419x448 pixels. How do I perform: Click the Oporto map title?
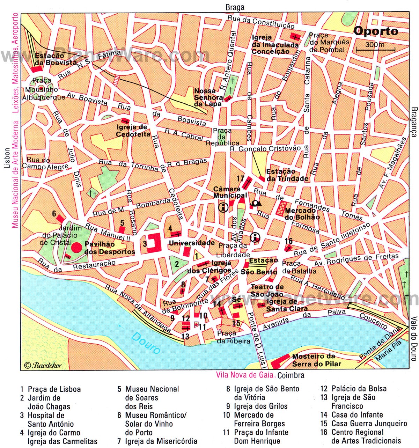[376, 31]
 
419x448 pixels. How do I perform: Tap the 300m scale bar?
[375, 49]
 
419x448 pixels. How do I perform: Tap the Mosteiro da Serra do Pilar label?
[313, 360]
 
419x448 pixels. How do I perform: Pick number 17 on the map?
[240, 178]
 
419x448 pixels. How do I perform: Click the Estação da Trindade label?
[287, 175]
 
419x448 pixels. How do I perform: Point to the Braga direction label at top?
[235, 7]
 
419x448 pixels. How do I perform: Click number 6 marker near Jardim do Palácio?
[54, 214]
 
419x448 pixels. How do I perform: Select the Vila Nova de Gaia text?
[245, 375]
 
